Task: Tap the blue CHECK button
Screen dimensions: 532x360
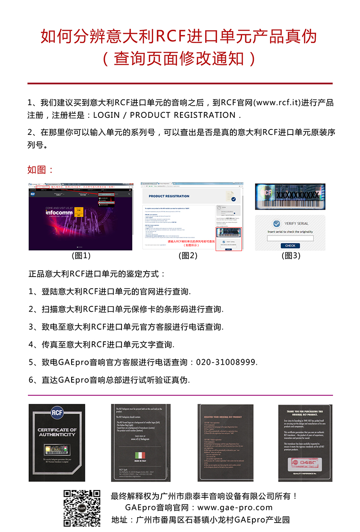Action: (290, 246)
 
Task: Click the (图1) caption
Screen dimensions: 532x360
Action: (81, 256)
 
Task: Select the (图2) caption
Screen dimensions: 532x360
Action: (188, 256)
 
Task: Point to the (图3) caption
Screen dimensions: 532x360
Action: (291, 256)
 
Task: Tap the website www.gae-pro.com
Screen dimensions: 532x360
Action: (235, 508)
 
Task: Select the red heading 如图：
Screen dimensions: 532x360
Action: (40, 170)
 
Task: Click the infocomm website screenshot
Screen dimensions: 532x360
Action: (81, 217)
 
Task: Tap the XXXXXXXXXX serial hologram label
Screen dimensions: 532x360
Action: (290, 196)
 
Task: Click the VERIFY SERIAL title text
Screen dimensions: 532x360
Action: (297, 224)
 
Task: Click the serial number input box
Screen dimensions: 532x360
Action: (290, 238)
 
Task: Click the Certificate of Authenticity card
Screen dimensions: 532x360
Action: (57, 443)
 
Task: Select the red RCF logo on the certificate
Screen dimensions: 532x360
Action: (57, 412)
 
